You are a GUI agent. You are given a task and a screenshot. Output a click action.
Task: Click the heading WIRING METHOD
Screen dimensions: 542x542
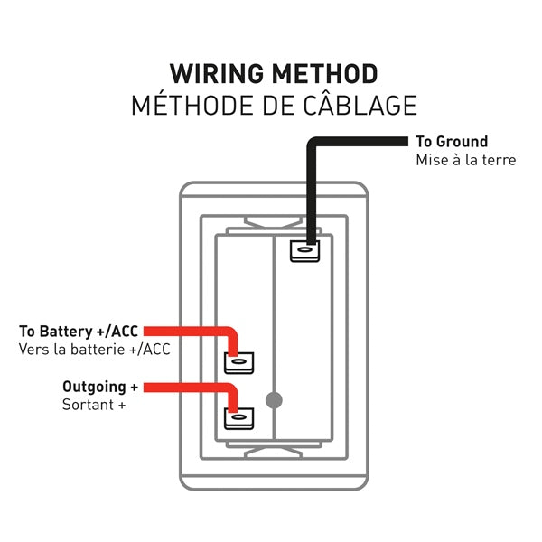pos(274,73)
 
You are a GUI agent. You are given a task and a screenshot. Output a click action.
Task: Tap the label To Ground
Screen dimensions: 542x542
pos(451,142)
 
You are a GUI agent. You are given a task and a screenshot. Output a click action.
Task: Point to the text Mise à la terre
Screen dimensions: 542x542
pos(465,160)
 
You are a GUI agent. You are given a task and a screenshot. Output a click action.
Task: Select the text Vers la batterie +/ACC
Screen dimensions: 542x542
pos(94,349)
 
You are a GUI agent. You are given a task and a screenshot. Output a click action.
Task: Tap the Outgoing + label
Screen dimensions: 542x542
pos(99,387)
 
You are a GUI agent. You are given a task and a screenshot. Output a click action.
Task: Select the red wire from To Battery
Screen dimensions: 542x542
pos(190,332)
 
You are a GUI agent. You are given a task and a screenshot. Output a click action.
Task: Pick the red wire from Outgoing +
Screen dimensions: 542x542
pos(190,388)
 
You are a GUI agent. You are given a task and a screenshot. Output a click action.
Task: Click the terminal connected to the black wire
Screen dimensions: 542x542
pos(304,250)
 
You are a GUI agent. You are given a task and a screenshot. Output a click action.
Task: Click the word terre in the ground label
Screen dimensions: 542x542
pos(498,160)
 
